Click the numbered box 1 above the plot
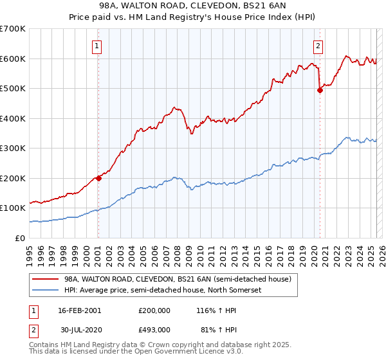pyautogui.click(x=96, y=45)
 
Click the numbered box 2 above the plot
pyautogui.click(x=318, y=45)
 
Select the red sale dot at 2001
pyautogui.click(x=98, y=178)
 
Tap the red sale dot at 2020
pyautogui.click(x=320, y=91)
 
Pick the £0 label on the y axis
pyautogui.click(x=21, y=238)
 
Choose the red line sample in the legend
pyautogui.click(x=45, y=280)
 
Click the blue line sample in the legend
pyautogui.click(x=45, y=290)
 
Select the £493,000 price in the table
pyautogui.click(x=154, y=329)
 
